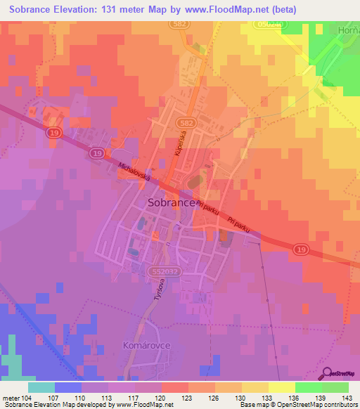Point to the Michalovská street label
coord(135,171)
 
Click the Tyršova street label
coord(159,290)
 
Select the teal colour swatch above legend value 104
coord(41,387)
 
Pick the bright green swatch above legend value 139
coord(308,387)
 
